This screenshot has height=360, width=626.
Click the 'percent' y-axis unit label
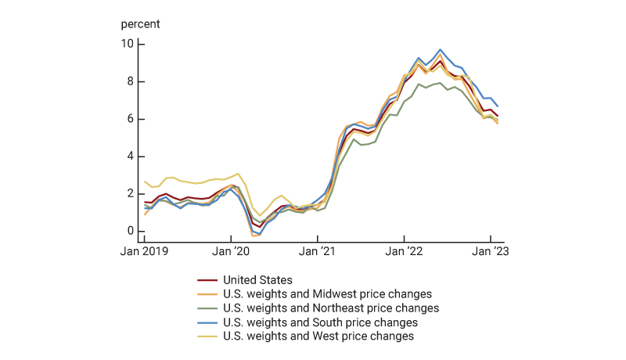coord(140,23)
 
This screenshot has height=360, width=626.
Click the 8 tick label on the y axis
coord(131,81)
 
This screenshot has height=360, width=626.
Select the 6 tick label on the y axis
coord(131,119)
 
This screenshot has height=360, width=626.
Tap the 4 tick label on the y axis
coord(131,157)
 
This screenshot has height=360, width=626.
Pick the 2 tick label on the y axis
coord(131,194)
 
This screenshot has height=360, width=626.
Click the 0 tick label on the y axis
coord(131,232)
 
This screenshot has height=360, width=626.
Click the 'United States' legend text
coord(257,280)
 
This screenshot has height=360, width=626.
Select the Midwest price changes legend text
coord(327,294)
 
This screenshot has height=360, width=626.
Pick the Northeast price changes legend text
coord(330,308)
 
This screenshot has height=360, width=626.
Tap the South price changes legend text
coord(320,322)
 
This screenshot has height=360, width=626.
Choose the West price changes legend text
coord(318,337)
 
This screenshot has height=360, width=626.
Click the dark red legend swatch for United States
coord(207,280)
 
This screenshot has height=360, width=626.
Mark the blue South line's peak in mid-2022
coord(440,50)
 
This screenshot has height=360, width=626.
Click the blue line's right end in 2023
coord(498,106)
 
